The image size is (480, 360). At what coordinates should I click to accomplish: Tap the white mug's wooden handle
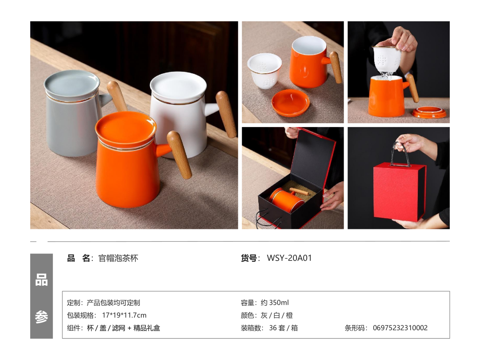(x=226, y=114)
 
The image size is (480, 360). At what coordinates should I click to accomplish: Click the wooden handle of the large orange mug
(x=179, y=155)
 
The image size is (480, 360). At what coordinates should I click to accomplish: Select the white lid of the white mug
(x=178, y=87)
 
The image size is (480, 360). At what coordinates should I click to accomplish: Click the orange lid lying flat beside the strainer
(x=290, y=103)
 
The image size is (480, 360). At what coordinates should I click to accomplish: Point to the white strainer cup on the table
(x=264, y=70)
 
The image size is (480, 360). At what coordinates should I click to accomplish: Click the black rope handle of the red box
(x=402, y=155)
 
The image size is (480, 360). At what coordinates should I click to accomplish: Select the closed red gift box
(x=399, y=192)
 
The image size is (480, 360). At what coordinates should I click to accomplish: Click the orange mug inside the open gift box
(x=287, y=199)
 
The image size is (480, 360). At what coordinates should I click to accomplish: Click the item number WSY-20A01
(x=289, y=258)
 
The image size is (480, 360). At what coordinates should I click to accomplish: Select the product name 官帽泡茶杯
(x=118, y=258)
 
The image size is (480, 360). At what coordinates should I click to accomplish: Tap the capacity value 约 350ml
(x=275, y=303)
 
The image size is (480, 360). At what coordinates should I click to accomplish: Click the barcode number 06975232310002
(x=400, y=328)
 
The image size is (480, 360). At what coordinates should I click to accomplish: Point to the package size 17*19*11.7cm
(x=124, y=315)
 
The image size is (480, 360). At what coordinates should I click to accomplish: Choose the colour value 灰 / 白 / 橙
(x=277, y=315)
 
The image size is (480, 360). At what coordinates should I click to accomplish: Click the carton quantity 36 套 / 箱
(x=284, y=328)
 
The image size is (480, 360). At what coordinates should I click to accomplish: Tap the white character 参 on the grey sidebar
(x=42, y=317)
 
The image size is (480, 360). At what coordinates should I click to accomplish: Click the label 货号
(x=249, y=258)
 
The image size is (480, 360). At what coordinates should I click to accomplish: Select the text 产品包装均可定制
(x=113, y=303)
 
